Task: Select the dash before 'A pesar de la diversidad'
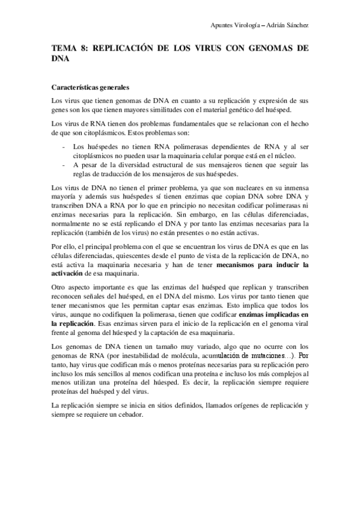point(64,165)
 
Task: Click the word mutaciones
point(265,355)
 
